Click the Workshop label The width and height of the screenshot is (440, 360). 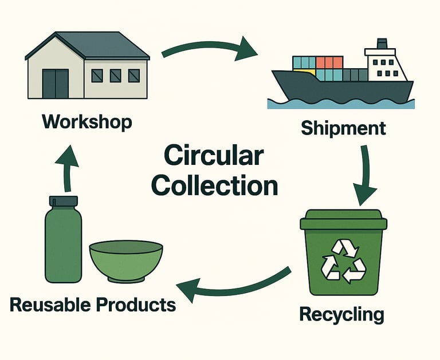pos(87,122)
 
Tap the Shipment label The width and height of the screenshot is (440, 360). pos(343,127)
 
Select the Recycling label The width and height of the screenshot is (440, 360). pos(341,314)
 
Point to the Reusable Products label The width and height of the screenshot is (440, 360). pos(93,304)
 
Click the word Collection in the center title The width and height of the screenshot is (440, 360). pos(216,186)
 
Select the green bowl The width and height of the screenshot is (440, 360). pos(126,260)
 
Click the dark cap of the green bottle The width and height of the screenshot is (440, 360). pos(63,201)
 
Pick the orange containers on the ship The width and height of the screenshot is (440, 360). pos(329,62)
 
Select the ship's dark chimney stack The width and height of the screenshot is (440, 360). pos(381,43)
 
